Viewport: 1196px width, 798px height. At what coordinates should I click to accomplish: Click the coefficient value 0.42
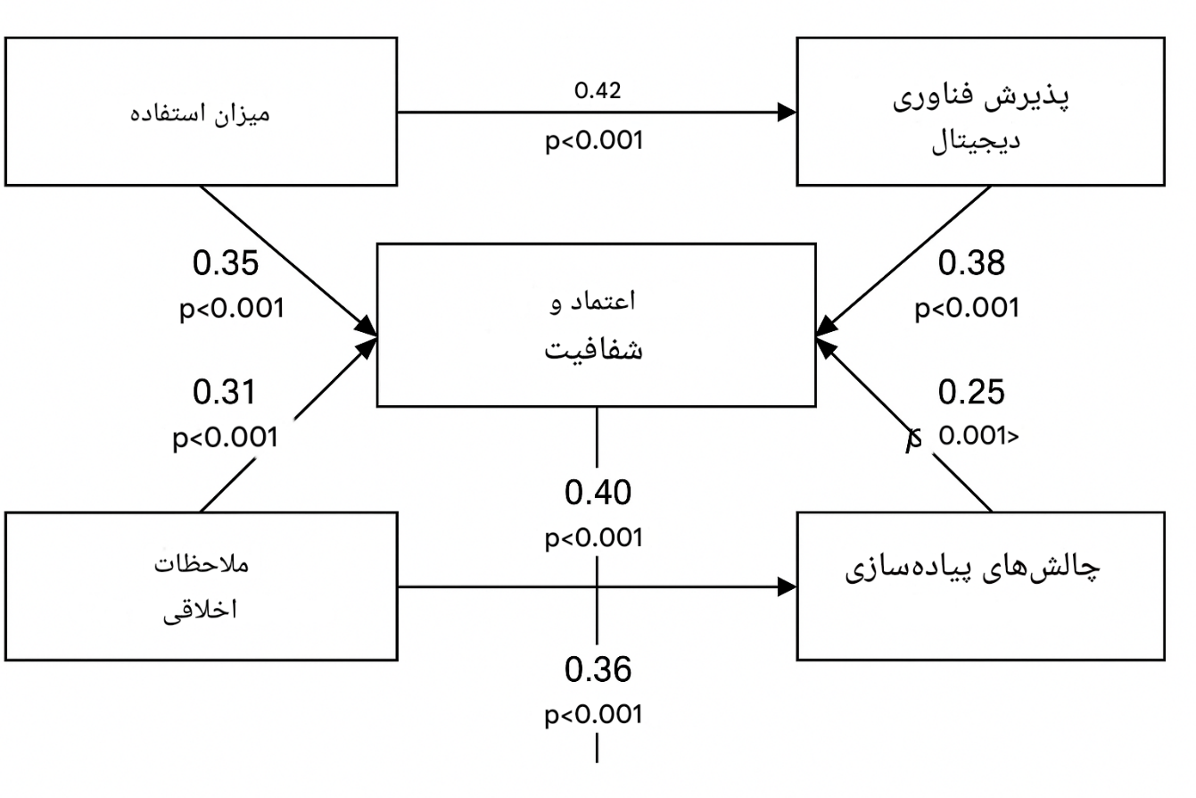click(598, 91)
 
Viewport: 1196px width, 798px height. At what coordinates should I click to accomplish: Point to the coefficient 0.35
click(226, 263)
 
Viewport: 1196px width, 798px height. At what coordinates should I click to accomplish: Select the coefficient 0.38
click(971, 263)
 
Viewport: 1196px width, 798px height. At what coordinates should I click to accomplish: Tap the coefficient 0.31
click(224, 392)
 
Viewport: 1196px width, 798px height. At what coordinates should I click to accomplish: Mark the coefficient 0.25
click(971, 392)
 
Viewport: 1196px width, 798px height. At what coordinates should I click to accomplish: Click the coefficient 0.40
click(598, 492)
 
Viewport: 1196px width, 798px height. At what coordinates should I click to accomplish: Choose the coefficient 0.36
click(598, 669)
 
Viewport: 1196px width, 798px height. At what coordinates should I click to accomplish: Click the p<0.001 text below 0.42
click(594, 141)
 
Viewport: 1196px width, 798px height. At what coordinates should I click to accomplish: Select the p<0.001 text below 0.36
click(594, 715)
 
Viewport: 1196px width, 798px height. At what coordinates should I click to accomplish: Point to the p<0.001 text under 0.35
click(232, 309)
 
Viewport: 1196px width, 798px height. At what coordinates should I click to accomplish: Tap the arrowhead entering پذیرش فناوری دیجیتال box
click(787, 112)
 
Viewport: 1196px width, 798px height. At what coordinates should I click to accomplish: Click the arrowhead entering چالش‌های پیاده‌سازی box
click(787, 586)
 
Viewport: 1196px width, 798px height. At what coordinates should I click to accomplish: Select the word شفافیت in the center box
click(594, 350)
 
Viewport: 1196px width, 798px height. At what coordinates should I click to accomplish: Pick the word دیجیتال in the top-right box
click(976, 141)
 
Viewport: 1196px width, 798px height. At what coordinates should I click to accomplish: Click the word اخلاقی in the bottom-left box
click(200, 611)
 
